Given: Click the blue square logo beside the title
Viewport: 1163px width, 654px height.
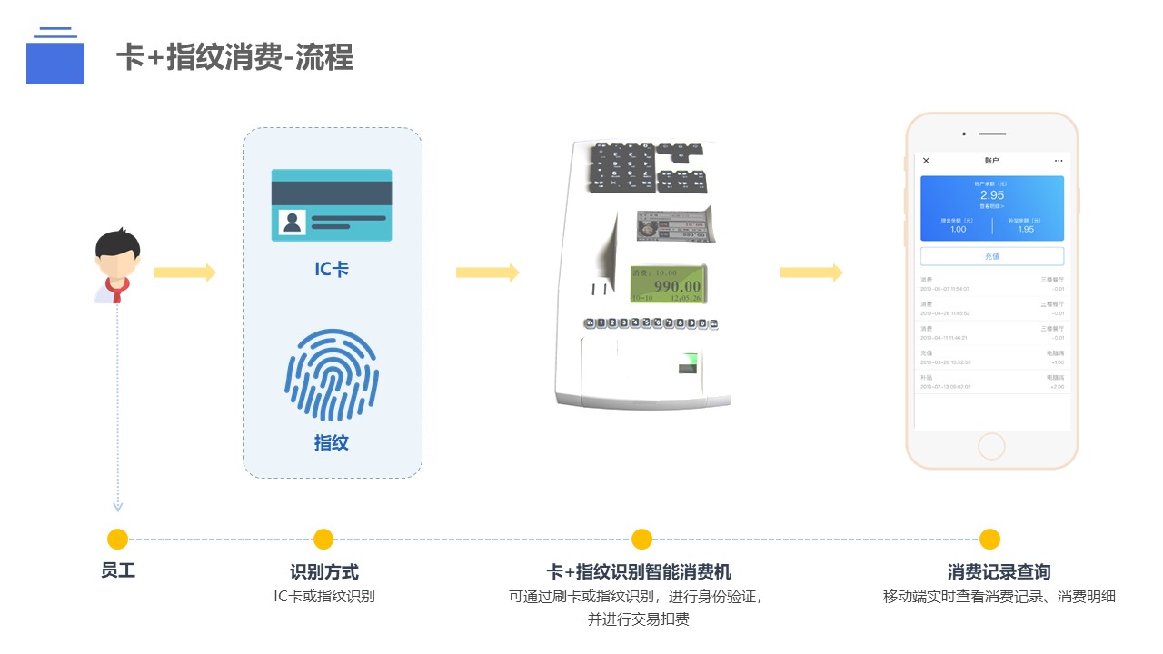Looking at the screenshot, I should [55, 62].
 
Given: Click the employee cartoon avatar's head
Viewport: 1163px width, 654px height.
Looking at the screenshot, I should [118, 254].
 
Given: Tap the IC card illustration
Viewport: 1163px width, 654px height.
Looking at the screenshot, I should [332, 205].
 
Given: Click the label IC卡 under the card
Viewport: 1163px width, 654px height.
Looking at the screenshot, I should [332, 270].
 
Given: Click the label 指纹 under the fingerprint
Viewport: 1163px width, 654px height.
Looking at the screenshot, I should [332, 443].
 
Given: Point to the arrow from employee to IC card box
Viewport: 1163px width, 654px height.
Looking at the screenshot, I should [184, 272].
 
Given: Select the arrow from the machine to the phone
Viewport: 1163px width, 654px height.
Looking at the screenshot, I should [810, 272].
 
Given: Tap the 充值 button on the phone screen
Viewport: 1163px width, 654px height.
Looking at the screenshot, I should [991, 256].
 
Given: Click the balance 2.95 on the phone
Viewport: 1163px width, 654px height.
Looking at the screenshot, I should [991, 195].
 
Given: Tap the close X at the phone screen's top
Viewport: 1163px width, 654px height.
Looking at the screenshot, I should [926, 161].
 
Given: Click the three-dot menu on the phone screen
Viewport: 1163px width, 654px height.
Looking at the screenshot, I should [1058, 161].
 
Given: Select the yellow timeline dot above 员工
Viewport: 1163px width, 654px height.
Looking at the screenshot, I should [117, 540].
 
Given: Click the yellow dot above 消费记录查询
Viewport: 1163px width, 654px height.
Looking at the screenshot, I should [989, 540].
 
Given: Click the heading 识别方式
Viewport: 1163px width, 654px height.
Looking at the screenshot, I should [324, 572].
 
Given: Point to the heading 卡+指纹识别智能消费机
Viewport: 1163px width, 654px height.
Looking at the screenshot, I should [639, 572].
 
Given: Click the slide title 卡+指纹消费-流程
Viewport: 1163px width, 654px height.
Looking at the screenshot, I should [234, 57].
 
